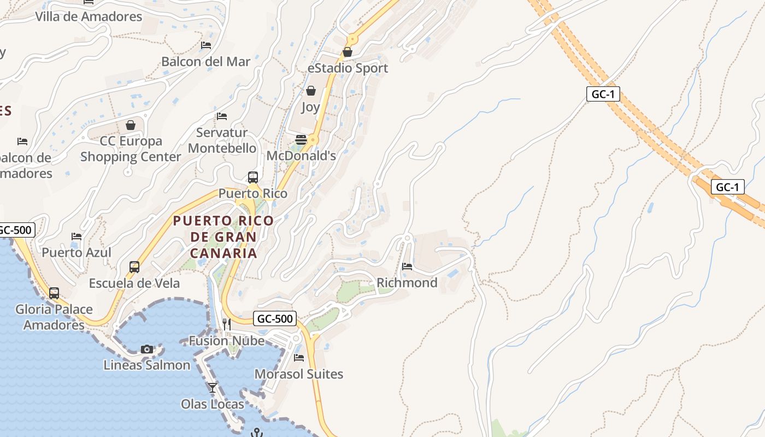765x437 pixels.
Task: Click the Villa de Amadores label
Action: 89,16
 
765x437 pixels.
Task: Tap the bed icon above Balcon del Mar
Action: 206,45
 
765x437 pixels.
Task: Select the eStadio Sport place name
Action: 348,68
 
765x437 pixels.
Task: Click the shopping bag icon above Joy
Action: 311,90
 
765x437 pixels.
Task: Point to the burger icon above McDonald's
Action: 301,139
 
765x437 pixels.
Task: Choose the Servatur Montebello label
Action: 222,140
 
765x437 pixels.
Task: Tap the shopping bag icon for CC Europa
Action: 131,125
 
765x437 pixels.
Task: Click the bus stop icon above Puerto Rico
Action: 252,177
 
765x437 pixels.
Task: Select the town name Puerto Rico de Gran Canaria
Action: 223,237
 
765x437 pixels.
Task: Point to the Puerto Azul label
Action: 76,252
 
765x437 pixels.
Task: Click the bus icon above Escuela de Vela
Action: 134,267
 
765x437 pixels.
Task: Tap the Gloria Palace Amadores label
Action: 54,317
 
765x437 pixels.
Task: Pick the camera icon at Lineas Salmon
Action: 147,349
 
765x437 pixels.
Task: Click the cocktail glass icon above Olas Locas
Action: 213,388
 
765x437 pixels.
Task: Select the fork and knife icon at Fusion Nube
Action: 227,324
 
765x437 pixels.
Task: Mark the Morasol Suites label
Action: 299,374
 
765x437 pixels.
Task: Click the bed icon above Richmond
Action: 407,267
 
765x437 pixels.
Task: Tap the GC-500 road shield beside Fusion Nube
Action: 275,318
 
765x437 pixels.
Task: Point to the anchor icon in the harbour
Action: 256,433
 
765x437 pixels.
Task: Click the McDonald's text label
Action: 301,156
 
